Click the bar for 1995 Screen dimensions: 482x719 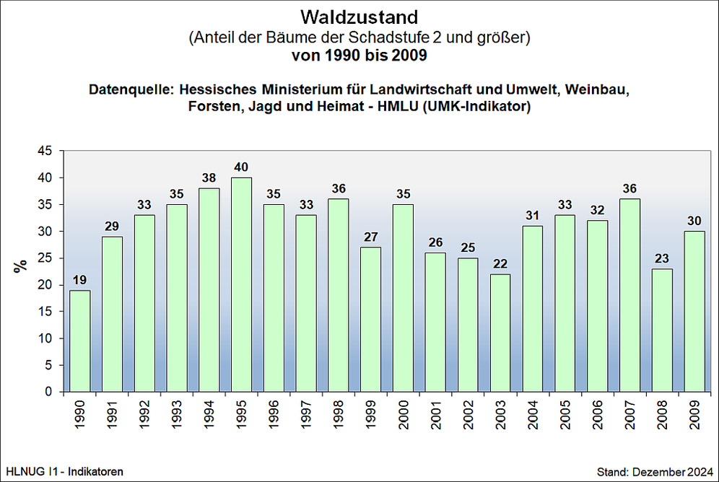pos(241,285)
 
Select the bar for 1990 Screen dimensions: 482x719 pos(79,341)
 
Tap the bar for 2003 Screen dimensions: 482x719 pos(500,333)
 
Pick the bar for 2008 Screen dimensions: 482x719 pos(662,330)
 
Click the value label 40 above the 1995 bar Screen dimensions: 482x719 pos(241,167)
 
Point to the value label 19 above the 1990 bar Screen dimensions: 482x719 pos(79,280)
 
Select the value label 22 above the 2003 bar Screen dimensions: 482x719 pos(500,264)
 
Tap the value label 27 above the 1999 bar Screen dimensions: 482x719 pos(371,237)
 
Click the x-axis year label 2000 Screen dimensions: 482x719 pos(403,415)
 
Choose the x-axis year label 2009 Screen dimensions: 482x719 pos(694,415)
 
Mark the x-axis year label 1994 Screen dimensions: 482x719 pos(209,415)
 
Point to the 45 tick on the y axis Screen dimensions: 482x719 pos(45,151)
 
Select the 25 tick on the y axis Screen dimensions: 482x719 pos(45,258)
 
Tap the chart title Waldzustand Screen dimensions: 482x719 pos(359,16)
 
